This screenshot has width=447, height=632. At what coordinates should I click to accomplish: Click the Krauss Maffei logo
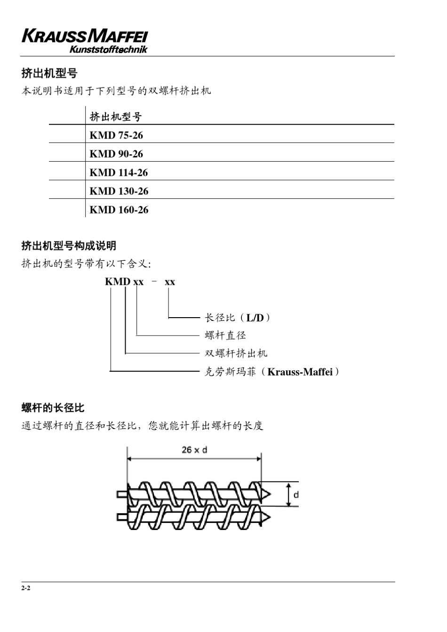pyautogui.click(x=85, y=41)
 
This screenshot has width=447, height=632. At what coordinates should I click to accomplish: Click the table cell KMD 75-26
pyautogui.click(x=116, y=135)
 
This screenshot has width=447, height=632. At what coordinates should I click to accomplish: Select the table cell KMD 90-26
pyautogui.click(x=116, y=154)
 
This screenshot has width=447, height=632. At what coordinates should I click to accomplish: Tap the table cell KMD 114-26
pyautogui.click(x=119, y=173)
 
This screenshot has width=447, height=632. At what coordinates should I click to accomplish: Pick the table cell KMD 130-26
pyautogui.click(x=119, y=191)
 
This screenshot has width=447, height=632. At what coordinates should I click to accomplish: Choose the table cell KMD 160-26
pyautogui.click(x=119, y=210)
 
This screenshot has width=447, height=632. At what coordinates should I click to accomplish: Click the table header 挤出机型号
pyautogui.click(x=115, y=117)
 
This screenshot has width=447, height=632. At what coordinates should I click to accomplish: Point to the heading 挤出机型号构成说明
pyautogui.click(x=69, y=246)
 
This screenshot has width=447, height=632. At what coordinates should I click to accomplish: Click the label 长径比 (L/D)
pyautogui.click(x=238, y=318)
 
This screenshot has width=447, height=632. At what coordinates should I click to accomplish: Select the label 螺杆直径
pyautogui.click(x=225, y=336)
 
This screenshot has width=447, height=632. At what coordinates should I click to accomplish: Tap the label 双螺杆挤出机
pyautogui.click(x=236, y=353)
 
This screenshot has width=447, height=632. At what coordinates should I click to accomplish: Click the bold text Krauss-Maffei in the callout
pyautogui.click(x=300, y=372)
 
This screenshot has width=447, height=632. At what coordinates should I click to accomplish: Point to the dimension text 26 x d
pyautogui.click(x=194, y=450)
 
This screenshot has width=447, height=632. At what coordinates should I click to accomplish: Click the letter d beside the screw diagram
pyautogui.click(x=296, y=494)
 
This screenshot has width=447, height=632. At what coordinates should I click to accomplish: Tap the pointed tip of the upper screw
pyautogui.click(x=267, y=494)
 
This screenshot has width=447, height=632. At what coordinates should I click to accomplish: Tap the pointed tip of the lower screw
pyautogui.click(x=267, y=517)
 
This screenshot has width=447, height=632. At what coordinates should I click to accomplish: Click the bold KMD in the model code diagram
pyautogui.click(x=117, y=282)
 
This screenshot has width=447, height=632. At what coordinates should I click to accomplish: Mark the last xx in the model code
pyautogui.click(x=169, y=282)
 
